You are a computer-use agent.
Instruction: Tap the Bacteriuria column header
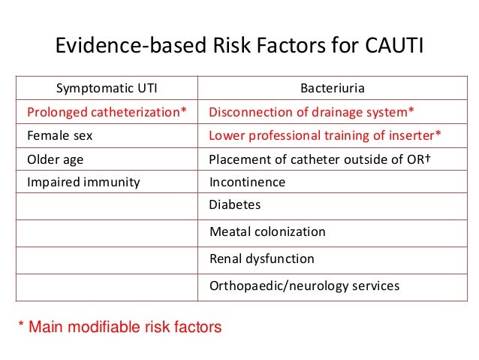pyautogui.click(x=333, y=90)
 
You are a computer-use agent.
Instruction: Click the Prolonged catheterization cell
pyautogui.click(x=107, y=113)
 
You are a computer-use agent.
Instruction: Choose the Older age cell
pyautogui.click(x=56, y=159)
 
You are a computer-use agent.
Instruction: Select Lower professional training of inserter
pyautogui.click(x=324, y=137)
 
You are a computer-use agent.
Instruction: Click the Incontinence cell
pyautogui.click(x=247, y=182)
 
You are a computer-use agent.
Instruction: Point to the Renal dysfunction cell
pyautogui.click(x=262, y=259)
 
